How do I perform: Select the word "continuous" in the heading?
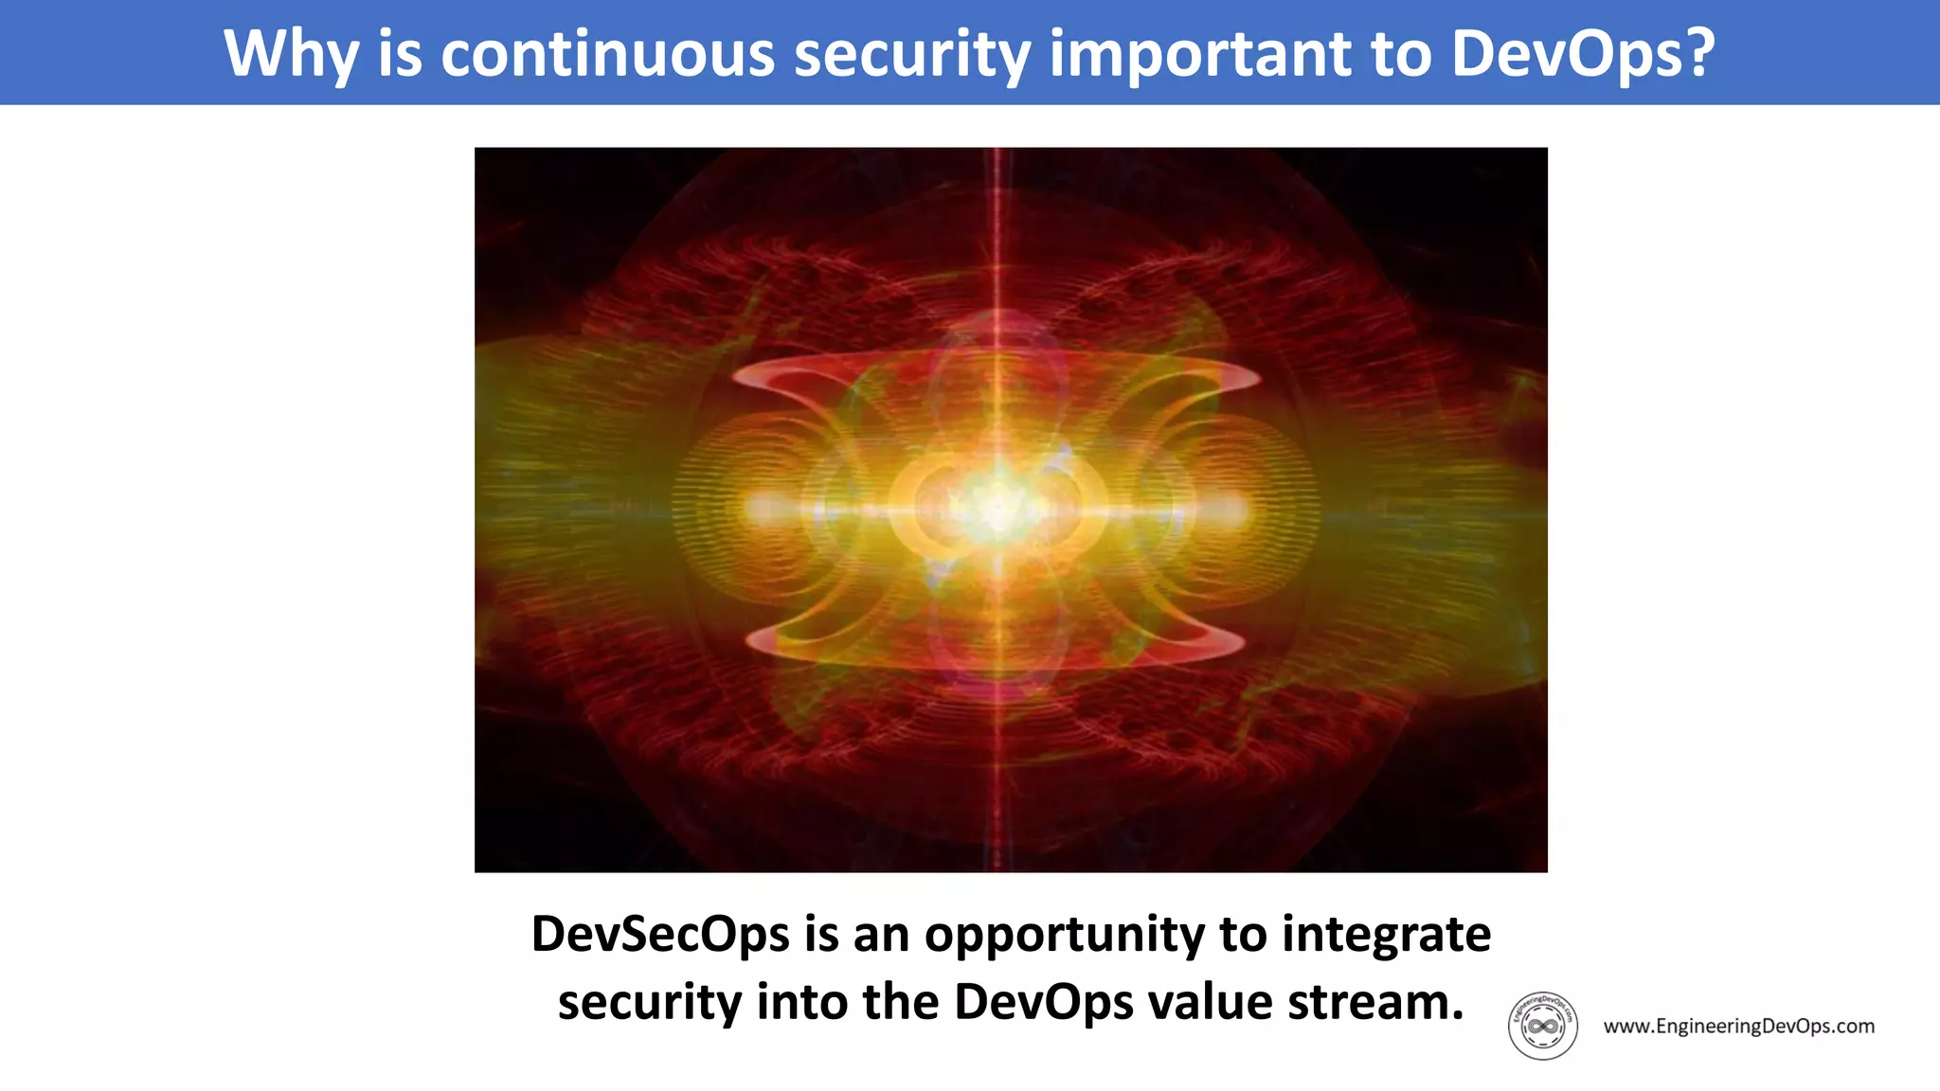point(607,54)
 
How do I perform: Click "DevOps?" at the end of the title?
point(1583,54)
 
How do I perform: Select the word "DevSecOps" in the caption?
point(660,934)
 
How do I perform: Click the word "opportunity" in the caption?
point(1064,936)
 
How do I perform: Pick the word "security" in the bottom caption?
point(649,1002)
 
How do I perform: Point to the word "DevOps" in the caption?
point(1043,1001)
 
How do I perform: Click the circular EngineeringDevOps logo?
point(1542,1026)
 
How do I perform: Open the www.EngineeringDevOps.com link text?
point(1738,1026)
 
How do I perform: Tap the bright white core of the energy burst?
point(997,507)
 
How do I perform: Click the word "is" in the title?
point(399,54)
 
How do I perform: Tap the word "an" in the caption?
point(880,935)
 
